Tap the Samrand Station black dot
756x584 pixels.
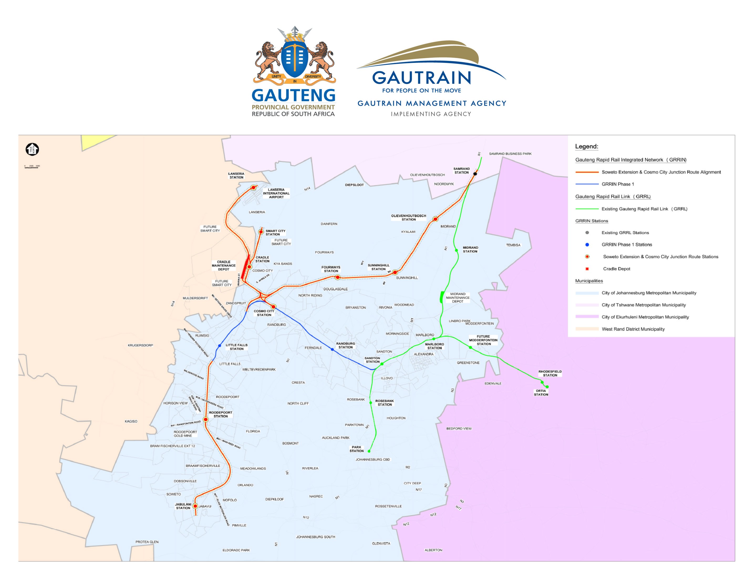click(x=475, y=174)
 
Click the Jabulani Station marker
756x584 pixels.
click(x=195, y=506)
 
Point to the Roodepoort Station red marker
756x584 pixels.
click(x=206, y=420)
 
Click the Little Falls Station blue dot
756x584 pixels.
click(x=219, y=346)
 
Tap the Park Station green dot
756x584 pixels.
click(x=369, y=451)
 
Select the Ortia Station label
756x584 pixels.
click(x=541, y=392)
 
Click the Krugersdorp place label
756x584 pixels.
click(x=140, y=345)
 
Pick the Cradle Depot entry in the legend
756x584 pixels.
click(x=616, y=269)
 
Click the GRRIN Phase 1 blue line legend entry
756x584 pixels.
click(x=618, y=184)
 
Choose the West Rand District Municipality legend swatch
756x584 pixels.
click(x=587, y=329)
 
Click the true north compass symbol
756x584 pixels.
click(x=32, y=149)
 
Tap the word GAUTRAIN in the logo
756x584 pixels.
click(x=421, y=78)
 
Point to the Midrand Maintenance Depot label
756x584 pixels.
click(x=458, y=298)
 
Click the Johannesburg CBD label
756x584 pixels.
click(x=372, y=460)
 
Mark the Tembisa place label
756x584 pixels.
click(x=513, y=245)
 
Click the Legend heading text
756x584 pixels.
click(x=586, y=146)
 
